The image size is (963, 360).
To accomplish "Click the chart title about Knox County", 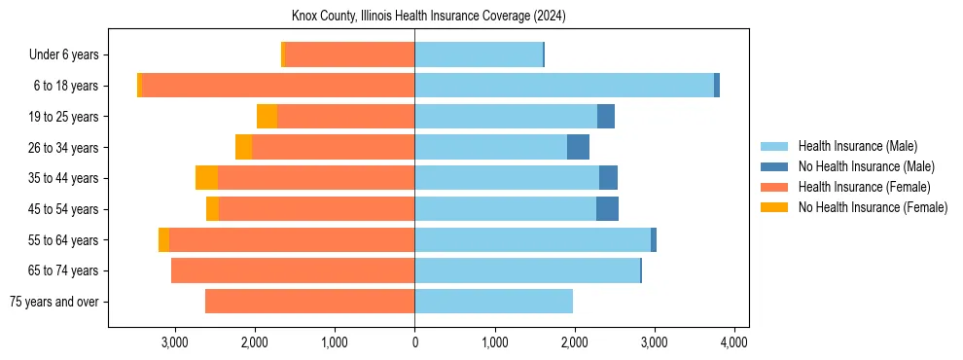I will pyautogui.click(x=428, y=17).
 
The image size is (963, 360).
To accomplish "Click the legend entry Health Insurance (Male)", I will pyautogui.click(x=857, y=146).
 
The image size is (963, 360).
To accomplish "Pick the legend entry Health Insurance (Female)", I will pyautogui.click(x=864, y=187).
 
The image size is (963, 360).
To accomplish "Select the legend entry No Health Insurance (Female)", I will pyautogui.click(x=873, y=207).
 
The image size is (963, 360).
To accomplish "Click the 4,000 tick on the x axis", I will pyautogui.click(x=733, y=342).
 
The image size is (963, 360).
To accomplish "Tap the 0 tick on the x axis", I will pyautogui.click(x=414, y=342).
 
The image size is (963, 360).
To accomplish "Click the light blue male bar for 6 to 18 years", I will pyautogui.click(x=564, y=86).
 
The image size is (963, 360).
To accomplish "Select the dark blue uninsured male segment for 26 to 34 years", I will pyautogui.click(x=578, y=147).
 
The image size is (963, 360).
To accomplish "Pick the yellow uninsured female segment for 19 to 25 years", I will pyautogui.click(x=267, y=117).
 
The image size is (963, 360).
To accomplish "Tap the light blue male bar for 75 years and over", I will pyautogui.click(x=493, y=302).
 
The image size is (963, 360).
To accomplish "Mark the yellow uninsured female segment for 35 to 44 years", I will pyautogui.click(x=206, y=178).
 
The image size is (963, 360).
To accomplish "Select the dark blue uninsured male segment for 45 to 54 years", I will pyautogui.click(x=607, y=209).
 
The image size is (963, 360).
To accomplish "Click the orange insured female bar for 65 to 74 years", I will pyautogui.click(x=292, y=270).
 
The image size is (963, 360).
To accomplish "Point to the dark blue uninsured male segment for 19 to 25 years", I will pyautogui.click(x=605, y=117).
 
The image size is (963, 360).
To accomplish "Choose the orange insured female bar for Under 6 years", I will pyautogui.click(x=349, y=54).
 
